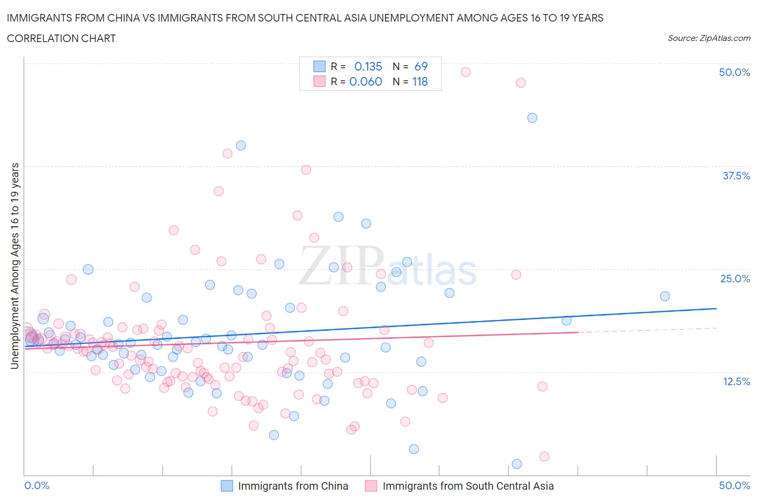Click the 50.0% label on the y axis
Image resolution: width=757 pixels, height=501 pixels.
pyautogui.click(x=734, y=73)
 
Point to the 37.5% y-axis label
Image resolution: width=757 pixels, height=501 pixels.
pyautogui.click(x=736, y=176)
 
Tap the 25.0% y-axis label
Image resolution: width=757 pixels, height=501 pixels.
pyautogui.click(x=735, y=279)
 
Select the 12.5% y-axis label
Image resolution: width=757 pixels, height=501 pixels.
pyautogui.click(x=736, y=381)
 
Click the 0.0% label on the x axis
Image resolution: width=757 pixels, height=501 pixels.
pyautogui.click(x=37, y=485)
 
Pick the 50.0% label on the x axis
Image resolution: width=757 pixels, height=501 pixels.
pyautogui.click(x=734, y=485)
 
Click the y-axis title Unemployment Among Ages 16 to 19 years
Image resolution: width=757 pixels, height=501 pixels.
pyautogui.click(x=15, y=266)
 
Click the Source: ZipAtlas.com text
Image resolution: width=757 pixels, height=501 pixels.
pyautogui.click(x=709, y=38)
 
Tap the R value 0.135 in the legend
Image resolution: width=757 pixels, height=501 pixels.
pyautogui.click(x=368, y=66)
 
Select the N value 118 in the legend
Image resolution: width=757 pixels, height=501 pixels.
pyautogui.click(x=420, y=81)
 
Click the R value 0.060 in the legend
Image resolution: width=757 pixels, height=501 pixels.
pyautogui.click(x=366, y=81)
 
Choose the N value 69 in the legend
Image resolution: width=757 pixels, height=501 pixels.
pyautogui.click(x=421, y=66)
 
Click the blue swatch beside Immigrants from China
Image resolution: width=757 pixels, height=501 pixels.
pyautogui.click(x=227, y=486)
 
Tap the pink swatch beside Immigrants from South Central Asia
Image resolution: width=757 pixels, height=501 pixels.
pyautogui.click(x=371, y=486)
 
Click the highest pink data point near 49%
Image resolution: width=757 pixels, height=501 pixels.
pyautogui.click(x=466, y=72)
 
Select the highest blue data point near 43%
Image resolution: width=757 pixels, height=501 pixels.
pyautogui.click(x=532, y=118)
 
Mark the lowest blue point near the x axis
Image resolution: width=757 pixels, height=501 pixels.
pyautogui.click(x=517, y=464)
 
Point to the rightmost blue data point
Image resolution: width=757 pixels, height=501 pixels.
pyautogui.click(x=665, y=296)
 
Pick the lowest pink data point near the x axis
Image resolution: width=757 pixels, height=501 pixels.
pyautogui.click(x=544, y=456)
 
